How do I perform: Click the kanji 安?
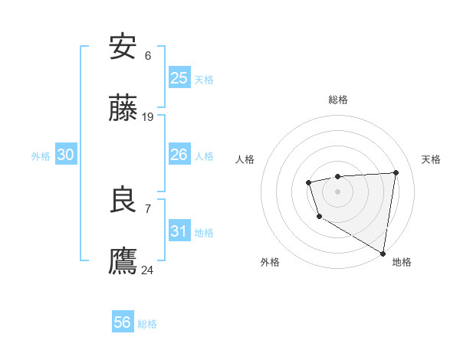click(x=123, y=47)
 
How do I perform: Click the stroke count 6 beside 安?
click(x=148, y=55)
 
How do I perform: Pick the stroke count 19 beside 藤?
click(x=148, y=117)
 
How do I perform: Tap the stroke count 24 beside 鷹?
click(x=148, y=270)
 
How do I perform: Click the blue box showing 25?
click(x=179, y=77)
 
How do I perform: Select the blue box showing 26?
click(x=179, y=155)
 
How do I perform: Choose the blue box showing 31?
click(x=179, y=231)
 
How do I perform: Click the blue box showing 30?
click(x=65, y=155)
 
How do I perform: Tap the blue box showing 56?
click(x=122, y=322)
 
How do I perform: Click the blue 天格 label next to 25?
click(x=204, y=79)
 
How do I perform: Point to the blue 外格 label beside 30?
click(x=41, y=156)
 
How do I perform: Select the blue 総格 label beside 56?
click(x=147, y=324)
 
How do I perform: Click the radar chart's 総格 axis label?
click(x=338, y=100)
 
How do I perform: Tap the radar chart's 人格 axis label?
click(x=245, y=159)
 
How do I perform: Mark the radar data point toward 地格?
click(x=383, y=253)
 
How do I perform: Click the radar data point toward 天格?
click(x=396, y=172)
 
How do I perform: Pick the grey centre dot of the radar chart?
click(x=337, y=191)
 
